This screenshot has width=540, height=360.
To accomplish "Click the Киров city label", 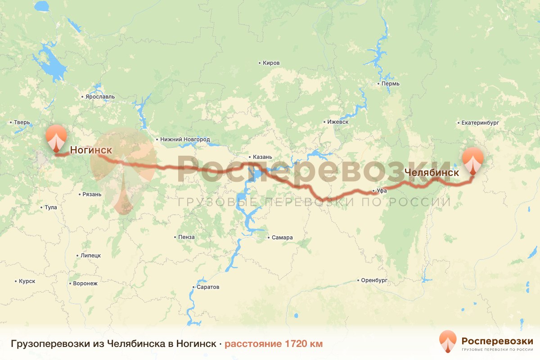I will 271,63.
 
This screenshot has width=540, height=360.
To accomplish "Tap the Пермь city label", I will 390,84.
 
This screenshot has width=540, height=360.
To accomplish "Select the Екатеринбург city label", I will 480,122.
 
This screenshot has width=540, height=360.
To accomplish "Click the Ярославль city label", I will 100,97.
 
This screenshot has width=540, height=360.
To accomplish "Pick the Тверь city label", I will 22,122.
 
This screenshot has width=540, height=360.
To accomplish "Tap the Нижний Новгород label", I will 185,139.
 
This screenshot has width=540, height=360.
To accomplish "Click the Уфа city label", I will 382,191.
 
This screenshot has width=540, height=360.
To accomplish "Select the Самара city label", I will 282,238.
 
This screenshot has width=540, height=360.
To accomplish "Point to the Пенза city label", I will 186,237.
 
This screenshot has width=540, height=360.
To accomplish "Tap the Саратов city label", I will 208,287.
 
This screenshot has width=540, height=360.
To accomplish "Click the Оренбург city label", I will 374,280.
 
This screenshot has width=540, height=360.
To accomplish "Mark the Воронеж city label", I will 85,283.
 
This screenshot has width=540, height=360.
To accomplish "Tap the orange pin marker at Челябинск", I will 473,160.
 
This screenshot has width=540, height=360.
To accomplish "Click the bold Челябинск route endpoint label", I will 432,172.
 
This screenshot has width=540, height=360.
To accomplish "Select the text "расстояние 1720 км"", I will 274,344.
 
